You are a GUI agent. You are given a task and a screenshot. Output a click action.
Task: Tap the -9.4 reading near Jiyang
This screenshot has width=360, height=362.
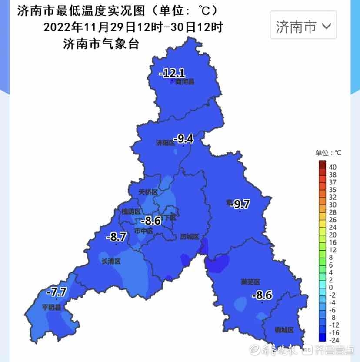[183, 139]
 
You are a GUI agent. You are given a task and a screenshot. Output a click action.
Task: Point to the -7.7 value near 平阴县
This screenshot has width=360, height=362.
[56, 292]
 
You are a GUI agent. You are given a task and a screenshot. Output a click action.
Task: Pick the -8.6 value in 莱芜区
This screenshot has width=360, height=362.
[262, 296]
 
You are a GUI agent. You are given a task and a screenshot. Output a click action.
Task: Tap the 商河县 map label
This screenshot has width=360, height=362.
[185, 82]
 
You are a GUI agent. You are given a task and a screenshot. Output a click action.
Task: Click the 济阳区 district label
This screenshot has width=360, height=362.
[164, 142]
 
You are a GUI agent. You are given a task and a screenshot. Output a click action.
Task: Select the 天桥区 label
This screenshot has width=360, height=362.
[148, 192]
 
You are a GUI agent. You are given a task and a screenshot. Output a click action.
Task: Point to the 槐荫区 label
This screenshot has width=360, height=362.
[131, 211]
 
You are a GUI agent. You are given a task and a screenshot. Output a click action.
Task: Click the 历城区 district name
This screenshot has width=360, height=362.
[190, 237]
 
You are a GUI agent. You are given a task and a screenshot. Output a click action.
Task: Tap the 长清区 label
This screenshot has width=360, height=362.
[110, 261]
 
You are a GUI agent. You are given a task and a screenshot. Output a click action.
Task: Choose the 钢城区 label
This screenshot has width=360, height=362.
[284, 330]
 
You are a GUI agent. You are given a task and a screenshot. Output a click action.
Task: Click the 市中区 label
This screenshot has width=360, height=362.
[143, 231]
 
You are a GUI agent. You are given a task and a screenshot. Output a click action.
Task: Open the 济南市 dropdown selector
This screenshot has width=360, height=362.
[303, 27]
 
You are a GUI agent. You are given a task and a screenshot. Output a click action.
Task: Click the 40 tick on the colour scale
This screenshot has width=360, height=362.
[333, 167]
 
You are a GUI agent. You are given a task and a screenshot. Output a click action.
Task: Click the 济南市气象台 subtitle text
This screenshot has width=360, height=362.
[101, 44]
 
